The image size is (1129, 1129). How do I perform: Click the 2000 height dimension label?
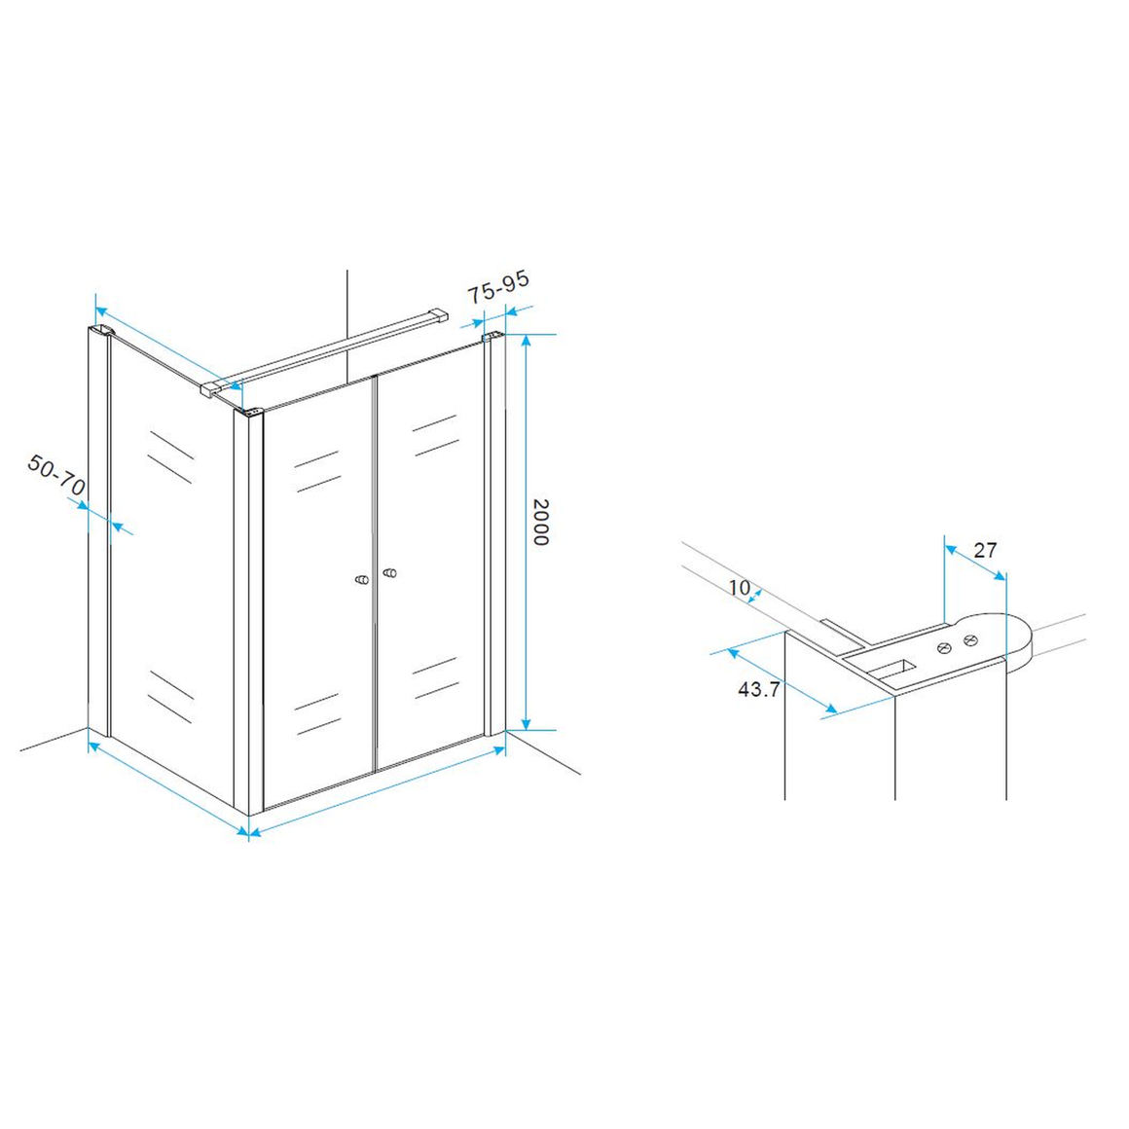click(541, 522)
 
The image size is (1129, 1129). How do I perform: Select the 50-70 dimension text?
click(56, 475)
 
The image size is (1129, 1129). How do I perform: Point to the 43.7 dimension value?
click(759, 689)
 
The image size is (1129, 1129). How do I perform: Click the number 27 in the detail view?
click(985, 550)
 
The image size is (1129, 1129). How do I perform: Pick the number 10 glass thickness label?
click(739, 588)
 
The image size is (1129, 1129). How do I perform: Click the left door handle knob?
click(362, 579)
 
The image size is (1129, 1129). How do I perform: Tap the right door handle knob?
click(389, 572)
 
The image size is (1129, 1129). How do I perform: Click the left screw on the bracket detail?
click(944, 648)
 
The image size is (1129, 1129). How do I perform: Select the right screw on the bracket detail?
click(970, 638)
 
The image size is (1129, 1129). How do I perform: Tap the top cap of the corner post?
click(248, 413)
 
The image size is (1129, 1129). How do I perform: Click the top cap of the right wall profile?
click(492, 336)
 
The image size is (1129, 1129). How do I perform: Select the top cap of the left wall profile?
click(101, 331)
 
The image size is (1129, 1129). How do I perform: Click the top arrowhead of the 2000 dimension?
click(526, 341)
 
